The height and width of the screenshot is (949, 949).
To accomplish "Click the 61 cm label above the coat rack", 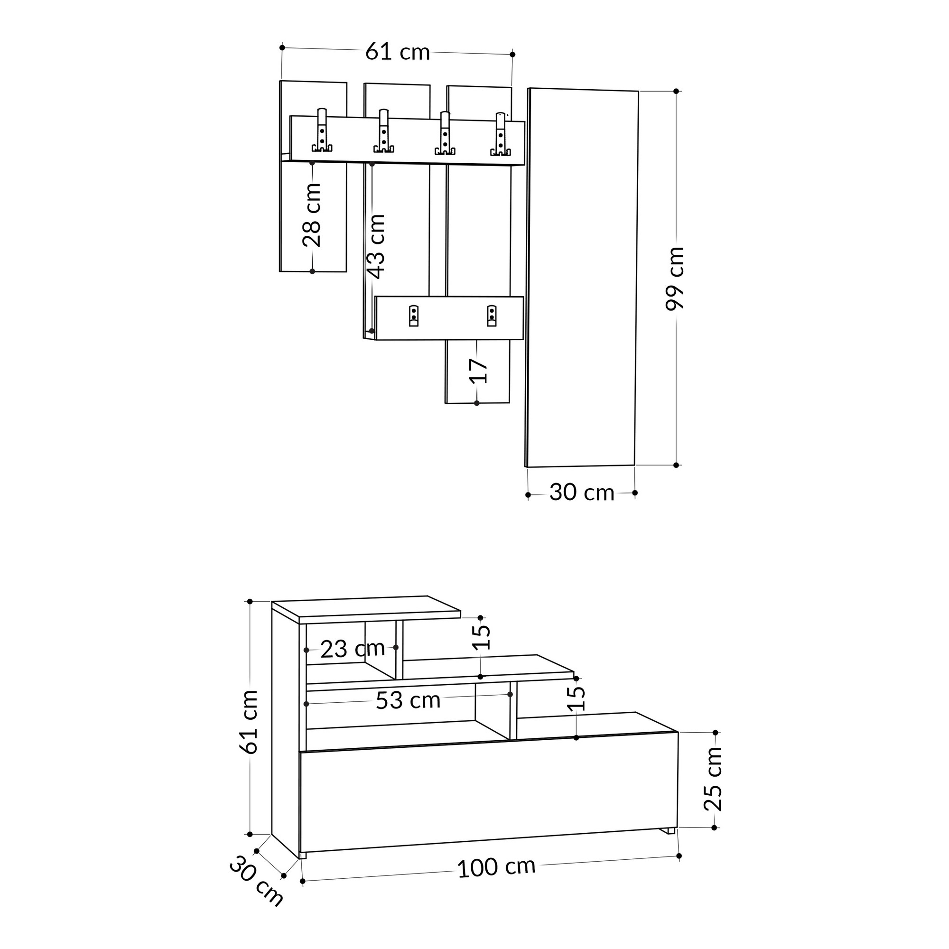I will (397, 52).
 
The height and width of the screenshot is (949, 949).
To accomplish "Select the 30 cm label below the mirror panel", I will (582, 493).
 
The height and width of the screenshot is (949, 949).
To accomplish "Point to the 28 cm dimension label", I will (312, 215).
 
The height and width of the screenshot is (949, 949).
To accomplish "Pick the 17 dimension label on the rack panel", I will (478, 371).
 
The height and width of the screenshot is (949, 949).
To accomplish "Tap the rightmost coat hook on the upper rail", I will (500, 135).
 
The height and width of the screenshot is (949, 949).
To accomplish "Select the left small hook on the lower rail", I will (414, 316).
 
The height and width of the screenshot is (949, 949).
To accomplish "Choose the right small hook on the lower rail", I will (491, 316).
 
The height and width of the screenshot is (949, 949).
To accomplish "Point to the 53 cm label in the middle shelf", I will (408, 700).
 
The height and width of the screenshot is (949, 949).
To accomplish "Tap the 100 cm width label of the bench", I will (496, 867).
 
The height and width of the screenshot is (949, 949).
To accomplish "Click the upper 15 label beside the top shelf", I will (484, 637).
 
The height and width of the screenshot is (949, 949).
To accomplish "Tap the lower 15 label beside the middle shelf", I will (578, 698).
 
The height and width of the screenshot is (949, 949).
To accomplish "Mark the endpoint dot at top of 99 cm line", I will (676, 92).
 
